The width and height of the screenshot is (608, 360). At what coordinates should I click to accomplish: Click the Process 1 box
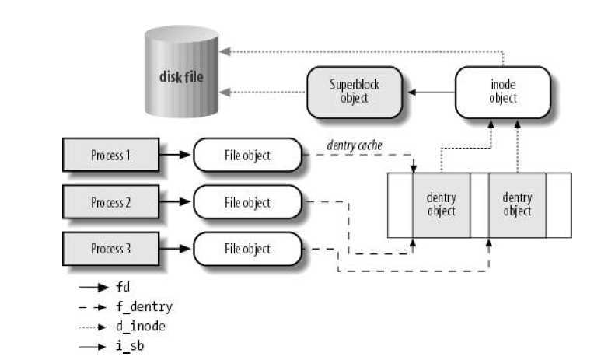pyautogui.click(x=111, y=155)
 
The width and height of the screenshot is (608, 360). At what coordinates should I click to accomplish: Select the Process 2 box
pyautogui.click(x=111, y=202)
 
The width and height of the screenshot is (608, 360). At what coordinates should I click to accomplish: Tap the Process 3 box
pyautogui.click(x=111, y=249)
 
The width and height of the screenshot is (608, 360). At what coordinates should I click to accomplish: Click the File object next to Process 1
pyautogui.click(x=246, y=155)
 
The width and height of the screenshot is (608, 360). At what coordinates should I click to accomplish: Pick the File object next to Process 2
pyautogui.click(x=246, y=202)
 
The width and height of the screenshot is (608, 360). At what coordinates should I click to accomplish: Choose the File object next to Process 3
pyautogui.click(x=246, y=249)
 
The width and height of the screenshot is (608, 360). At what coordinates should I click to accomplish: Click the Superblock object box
pyautogui.click(x=354, y=92)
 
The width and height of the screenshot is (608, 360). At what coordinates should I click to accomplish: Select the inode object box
pyautogui.click(x=502, y=92)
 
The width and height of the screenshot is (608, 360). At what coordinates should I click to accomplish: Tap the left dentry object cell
pyautogui.click(x=441, y=204)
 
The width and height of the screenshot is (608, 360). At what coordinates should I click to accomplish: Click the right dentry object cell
pyautogui.click(x=517, y=204)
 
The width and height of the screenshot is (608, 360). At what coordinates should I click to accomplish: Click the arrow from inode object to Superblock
pyautogui.click(x=431, y=93)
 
